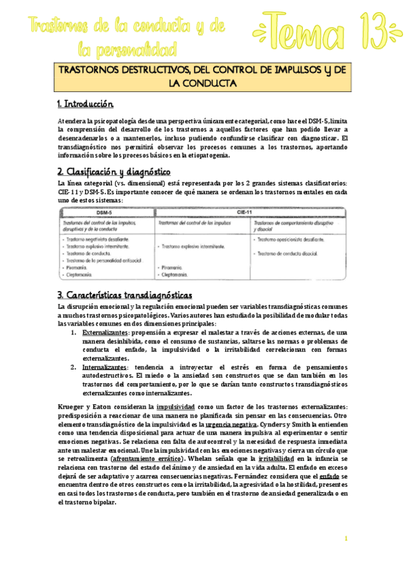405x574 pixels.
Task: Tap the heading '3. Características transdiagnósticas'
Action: (x=124, y=295)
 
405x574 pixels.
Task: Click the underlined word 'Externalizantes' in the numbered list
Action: (x=105, y=333)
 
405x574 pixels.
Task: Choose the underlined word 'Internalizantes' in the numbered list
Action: (x=104, y=366)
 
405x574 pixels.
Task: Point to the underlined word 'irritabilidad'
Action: (x=277, y=458)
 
